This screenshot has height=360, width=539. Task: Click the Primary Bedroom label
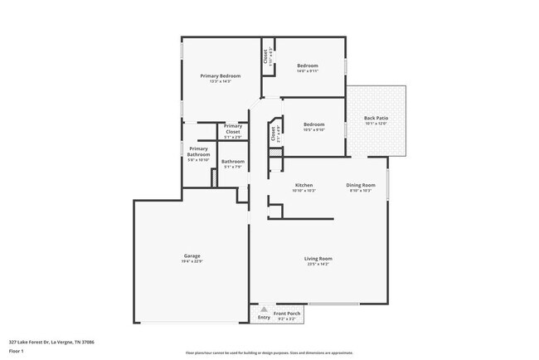pos(220,75)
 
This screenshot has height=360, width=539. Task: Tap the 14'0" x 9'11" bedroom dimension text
pos(308,71)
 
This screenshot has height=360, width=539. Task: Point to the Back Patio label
pos(376,118)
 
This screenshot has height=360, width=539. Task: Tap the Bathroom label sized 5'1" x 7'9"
pos(232,161)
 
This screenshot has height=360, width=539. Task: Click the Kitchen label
pos(303,185)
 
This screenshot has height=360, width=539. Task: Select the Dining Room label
pos(361,185)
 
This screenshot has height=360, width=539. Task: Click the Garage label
pos(192,255)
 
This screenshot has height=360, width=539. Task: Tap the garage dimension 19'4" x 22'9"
pos(192,261)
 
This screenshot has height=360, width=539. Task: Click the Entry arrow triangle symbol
pos(265,309)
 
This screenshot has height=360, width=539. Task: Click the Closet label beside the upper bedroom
pos(265,56)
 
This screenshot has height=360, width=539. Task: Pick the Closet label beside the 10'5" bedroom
pos(273,132)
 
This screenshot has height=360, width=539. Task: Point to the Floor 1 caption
pos(17,351)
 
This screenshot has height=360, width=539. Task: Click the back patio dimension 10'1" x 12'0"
pos(376,124)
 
